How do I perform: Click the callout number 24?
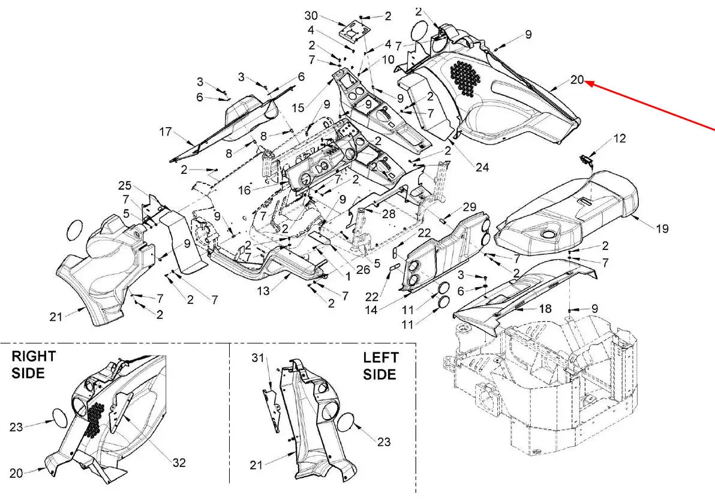pyautogui.click(x=482, y=168)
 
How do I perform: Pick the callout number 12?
pyautogui.click(x=620, y=138)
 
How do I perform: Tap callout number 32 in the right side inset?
pyautogui.click(x=178, y=462)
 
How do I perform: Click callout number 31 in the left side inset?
pyautogui.click(x=258, y=358)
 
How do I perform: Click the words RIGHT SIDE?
pyautogui.click(x=34, y=364)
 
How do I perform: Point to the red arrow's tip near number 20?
pyautogui.click(x=587, y=83)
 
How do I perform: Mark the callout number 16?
pyautogui.click(x=244, y=189)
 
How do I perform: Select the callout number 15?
pyautogui.click(x=299, y=108)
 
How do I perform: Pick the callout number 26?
pyautogui.click(x=363, y=269)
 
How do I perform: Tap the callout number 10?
pyautogui.click(x=388, y=59)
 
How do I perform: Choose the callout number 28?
pyautogui.click(x=389, y=214)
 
